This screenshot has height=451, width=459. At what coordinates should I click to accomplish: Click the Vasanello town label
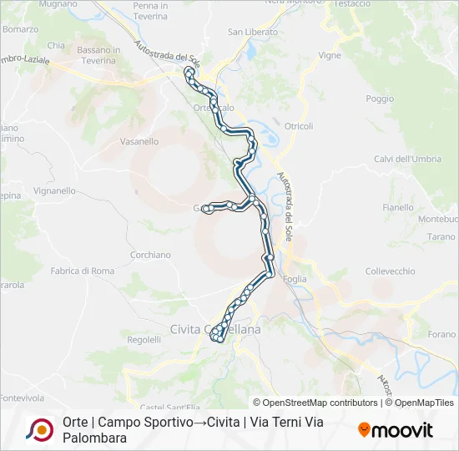(x=139, y=142)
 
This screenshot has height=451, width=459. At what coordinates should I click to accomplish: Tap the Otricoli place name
(x=299, y=126)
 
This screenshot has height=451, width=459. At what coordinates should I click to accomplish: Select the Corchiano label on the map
(x=150, y=255)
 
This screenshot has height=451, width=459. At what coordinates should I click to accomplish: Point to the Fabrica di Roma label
(x=83, y=271)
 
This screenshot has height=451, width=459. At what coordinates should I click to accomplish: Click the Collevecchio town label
(x=390, y=271)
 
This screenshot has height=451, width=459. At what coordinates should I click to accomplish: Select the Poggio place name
(x=379, y=99)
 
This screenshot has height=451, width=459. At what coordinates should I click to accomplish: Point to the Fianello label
(x=397, y=207)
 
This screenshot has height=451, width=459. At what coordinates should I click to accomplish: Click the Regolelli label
(x=144, y=340)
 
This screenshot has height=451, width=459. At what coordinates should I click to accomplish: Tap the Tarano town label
(x=441, y=237)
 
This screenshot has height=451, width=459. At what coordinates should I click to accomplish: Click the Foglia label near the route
(x=295, y=279)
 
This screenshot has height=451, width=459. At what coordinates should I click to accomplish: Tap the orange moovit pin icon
(x=364, y=429)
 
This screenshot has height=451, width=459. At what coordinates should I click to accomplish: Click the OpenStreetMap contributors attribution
(x=315, y=403)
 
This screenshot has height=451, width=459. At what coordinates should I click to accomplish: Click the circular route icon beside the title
(x=39, y=430)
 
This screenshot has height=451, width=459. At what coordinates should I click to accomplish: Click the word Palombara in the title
(x=94, y=438)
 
